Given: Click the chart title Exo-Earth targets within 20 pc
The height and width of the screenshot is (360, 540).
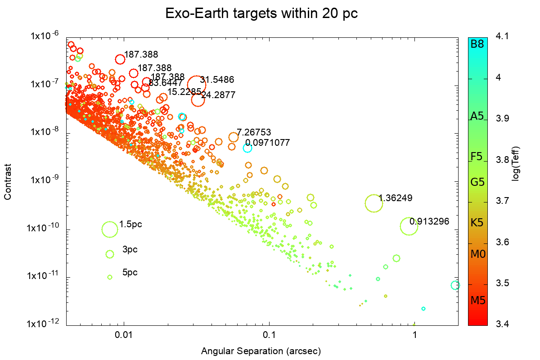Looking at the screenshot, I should tap(261, 13).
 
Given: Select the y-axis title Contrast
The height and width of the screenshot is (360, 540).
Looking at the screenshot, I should tap(8, 181).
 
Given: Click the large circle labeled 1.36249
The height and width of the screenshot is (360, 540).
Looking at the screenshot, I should tap(374, 203).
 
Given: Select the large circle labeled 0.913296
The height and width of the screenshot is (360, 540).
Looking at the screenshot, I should tap(409, 226).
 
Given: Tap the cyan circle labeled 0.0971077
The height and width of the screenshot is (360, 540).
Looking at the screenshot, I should tap(247, 148).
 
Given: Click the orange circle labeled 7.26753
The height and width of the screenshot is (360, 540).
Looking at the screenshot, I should tap(233, 137).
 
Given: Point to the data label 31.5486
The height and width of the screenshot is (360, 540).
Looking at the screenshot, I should tap(217, 80).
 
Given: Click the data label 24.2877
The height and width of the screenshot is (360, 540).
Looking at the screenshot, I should tap(218, 95).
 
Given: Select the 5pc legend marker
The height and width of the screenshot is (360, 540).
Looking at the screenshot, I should tap(110, 277).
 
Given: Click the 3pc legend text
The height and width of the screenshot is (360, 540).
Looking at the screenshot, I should tap(130, 249).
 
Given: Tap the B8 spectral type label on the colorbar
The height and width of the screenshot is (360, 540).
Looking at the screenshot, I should tap(477, 44).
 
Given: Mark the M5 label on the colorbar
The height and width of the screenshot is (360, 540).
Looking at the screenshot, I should tap(477, 301).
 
